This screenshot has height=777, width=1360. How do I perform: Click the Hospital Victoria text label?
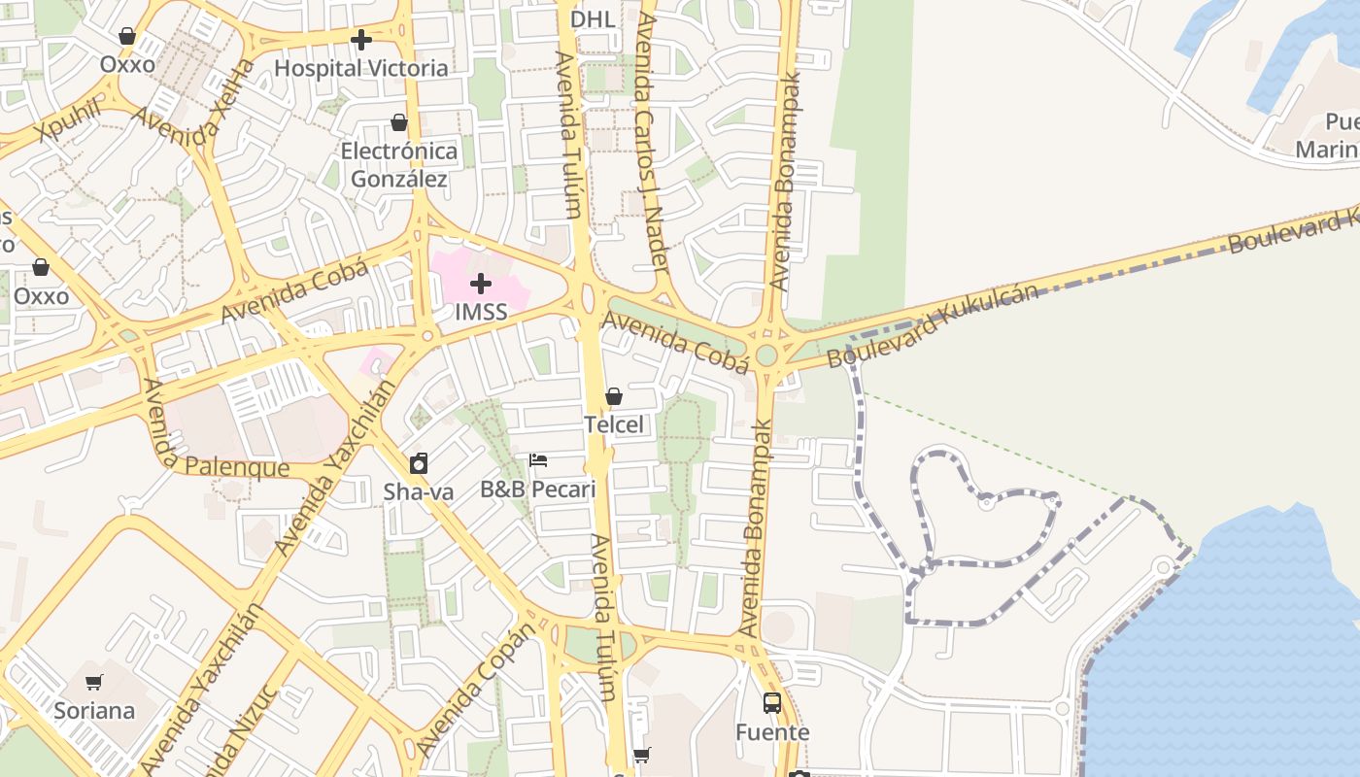(x=361, y=68)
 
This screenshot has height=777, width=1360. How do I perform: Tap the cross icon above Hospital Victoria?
(x=361, y=40)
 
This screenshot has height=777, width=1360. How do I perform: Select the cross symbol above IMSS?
(x=481, y=285)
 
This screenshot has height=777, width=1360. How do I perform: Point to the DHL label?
(x=593, y=19)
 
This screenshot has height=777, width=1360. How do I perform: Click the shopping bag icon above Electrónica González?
(x=399, y=122)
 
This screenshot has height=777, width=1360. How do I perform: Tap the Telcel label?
(x=614, y=424)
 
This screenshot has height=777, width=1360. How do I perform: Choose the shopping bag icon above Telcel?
(x=614, y=396)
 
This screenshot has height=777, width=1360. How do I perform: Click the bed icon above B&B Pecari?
(x=538, y=460)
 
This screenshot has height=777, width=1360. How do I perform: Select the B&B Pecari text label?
(x=538, y=489)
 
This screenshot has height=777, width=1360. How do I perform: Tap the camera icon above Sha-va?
(x=419, y=463)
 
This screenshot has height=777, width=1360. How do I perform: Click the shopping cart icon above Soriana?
(x=94, y=682)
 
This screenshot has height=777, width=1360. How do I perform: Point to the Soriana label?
(x=94, y=710)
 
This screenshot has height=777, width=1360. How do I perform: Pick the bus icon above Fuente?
(x=772, y=703)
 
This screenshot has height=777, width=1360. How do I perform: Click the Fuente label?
(x=772, y=731)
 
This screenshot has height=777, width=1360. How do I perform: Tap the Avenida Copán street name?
(x=477, y=691)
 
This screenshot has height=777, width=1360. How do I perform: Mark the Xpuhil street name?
(x=71, y=120)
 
